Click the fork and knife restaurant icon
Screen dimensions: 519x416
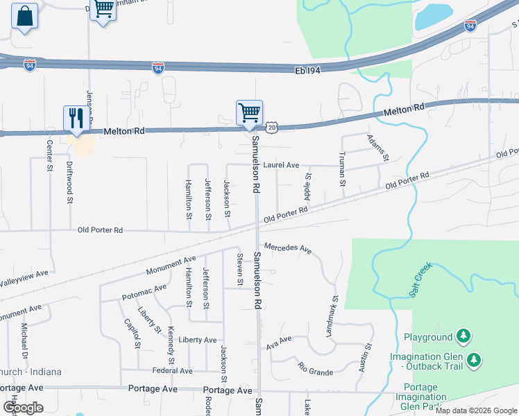coord(76,119)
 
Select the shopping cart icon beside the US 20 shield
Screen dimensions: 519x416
coord(249,112)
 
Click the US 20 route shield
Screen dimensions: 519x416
coord(271,128)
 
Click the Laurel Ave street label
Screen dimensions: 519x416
coord(281,166)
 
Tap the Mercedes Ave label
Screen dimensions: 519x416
coord(287,248)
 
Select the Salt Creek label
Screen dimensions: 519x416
coord(420,281)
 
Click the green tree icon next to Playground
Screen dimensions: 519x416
coord(463,337)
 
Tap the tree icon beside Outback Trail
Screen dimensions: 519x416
coord(475,360)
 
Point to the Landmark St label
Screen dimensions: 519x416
coord(332,318)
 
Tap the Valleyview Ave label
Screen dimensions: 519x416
coord(24,278)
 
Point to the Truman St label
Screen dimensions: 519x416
coord(341,169)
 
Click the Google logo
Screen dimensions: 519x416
coord(23,408)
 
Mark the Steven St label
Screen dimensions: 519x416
coord(240,270)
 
